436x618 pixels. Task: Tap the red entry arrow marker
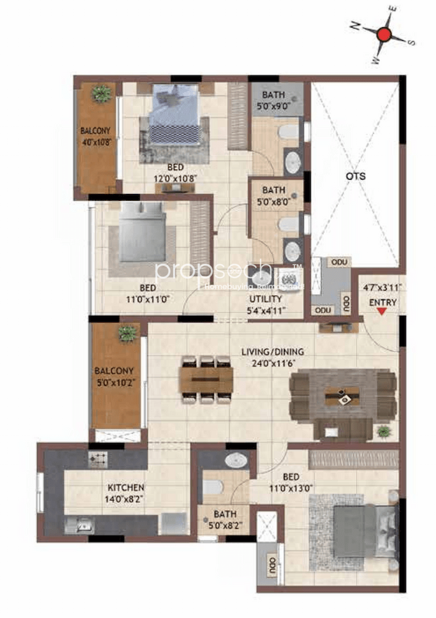382,311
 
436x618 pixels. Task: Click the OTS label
355,176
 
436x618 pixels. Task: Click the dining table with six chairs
206,380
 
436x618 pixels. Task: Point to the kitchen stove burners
95,459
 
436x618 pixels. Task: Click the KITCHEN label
125,488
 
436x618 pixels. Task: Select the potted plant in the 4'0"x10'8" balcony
102,93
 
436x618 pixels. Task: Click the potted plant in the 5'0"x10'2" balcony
127,334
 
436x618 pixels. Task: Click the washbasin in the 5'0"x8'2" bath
236,461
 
